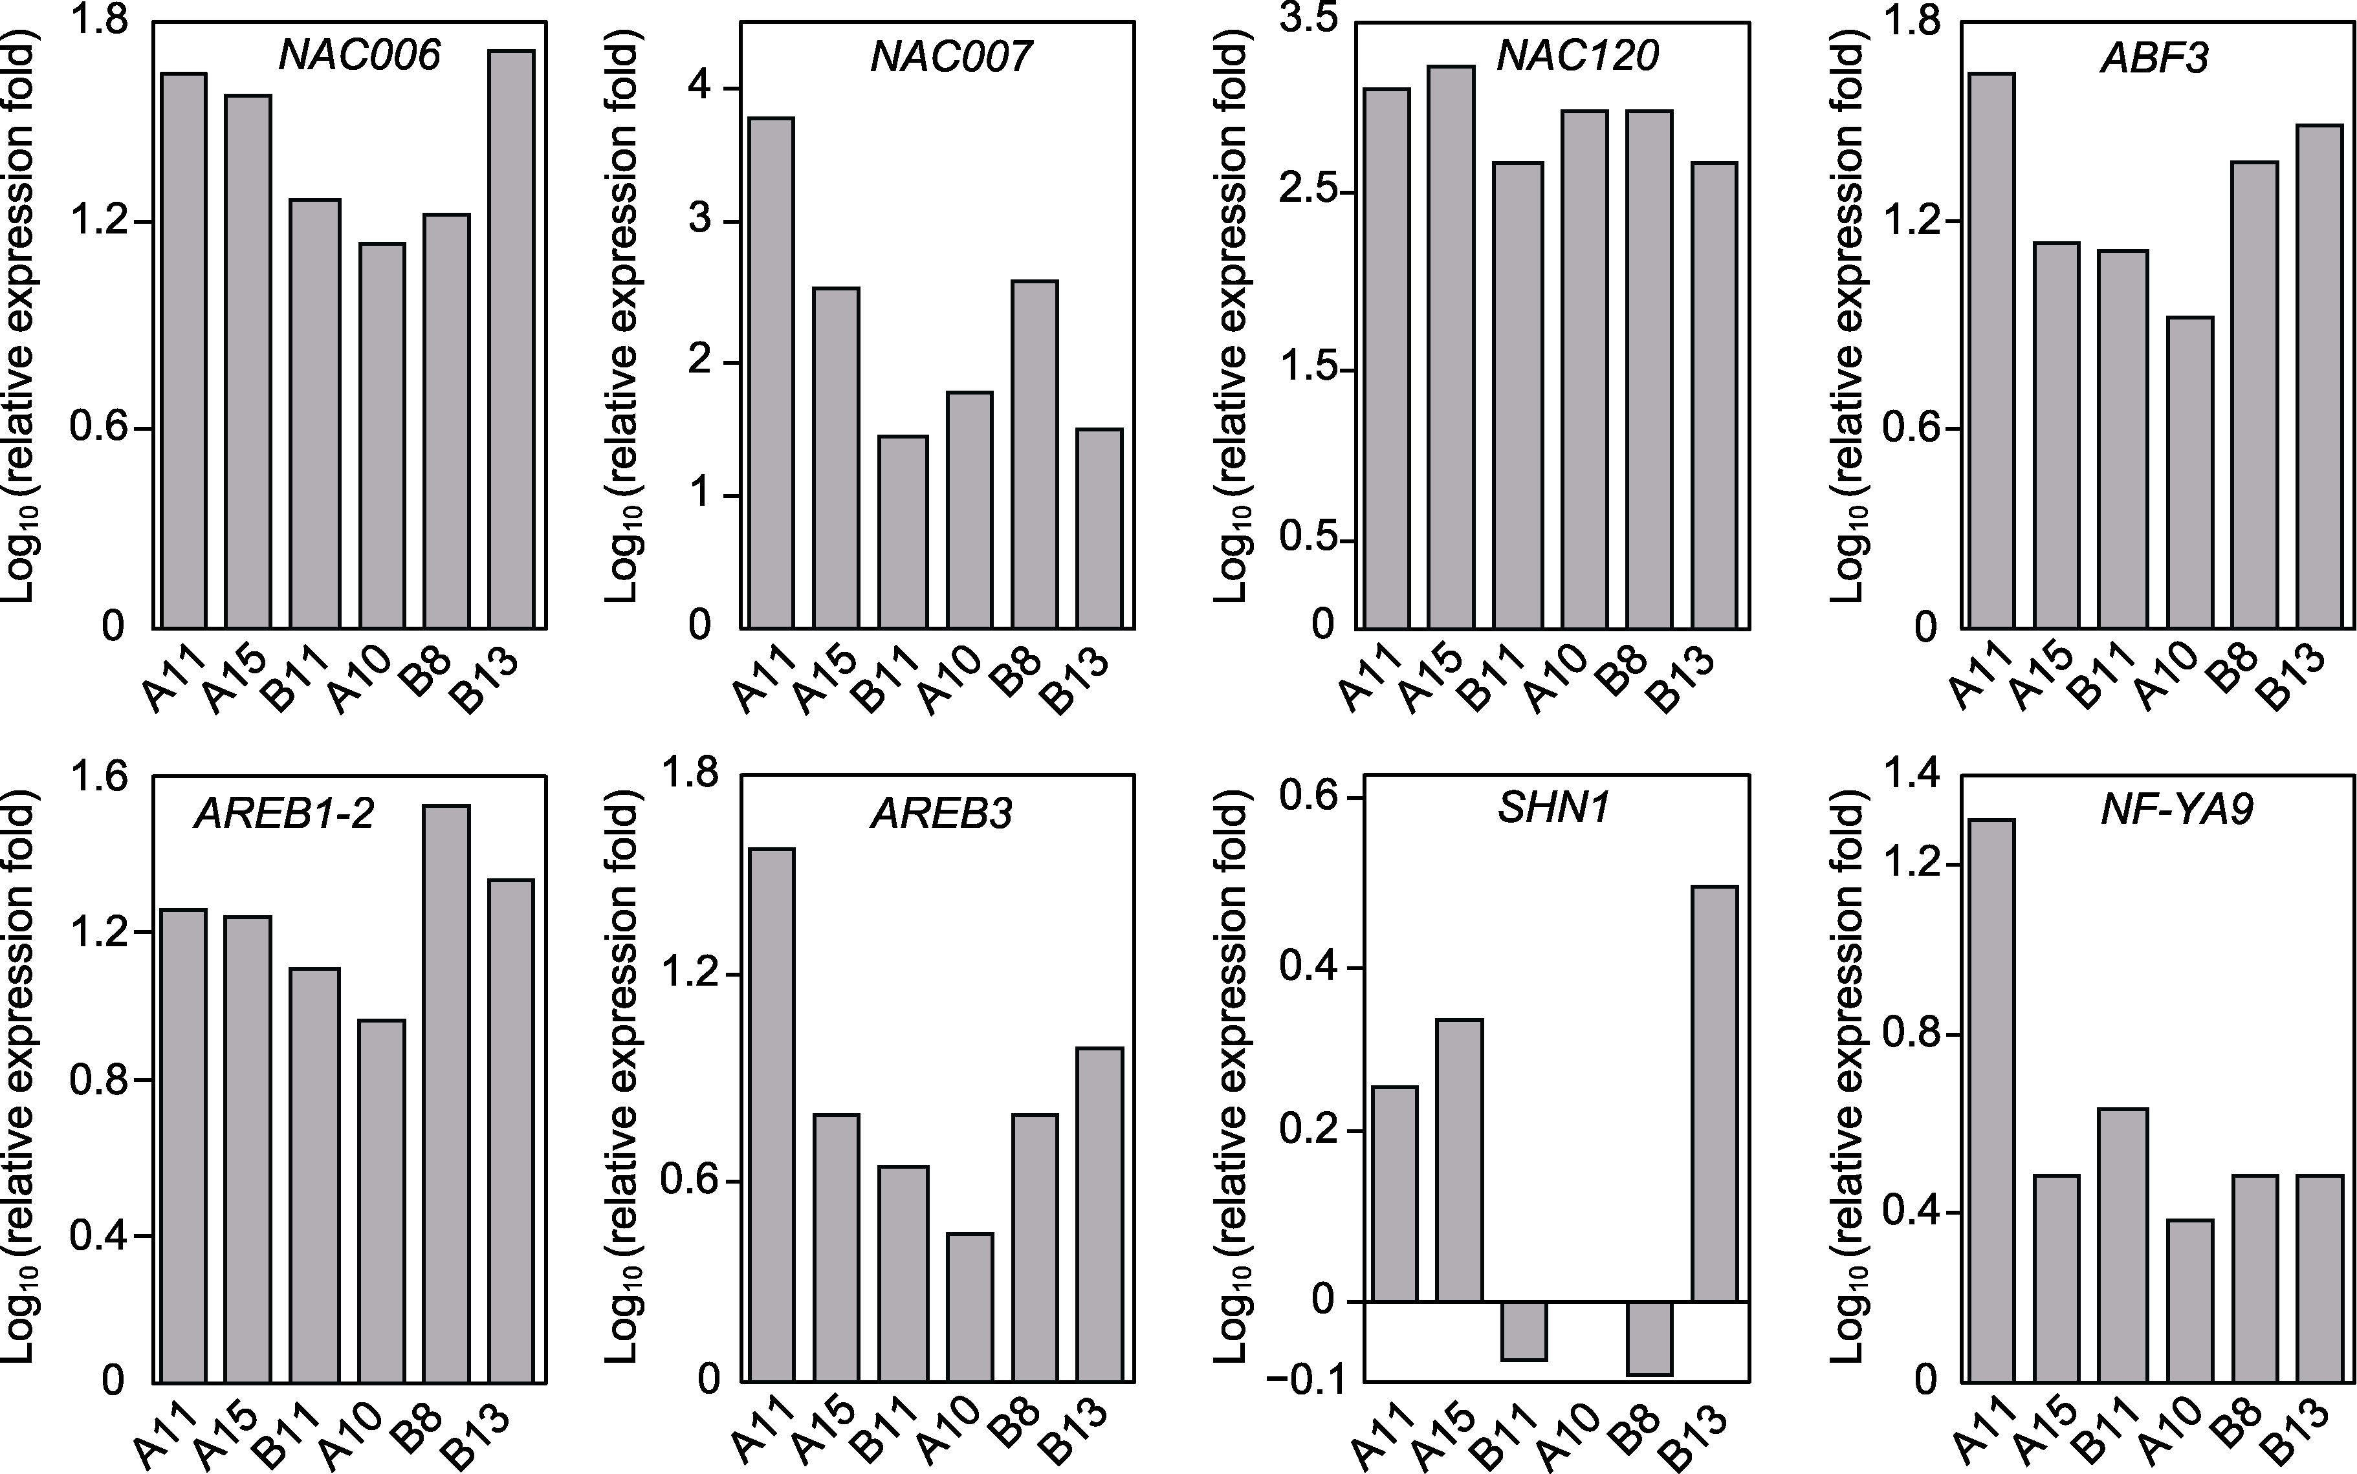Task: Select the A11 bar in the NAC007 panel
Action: (771, 371)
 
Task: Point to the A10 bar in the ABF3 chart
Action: (2189, 472)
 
